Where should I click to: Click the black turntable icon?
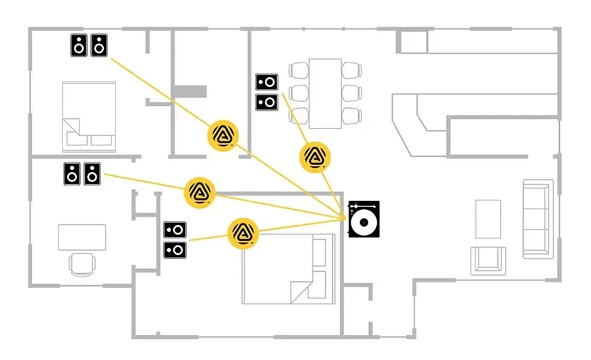point(363,219)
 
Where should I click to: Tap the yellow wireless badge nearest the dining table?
point(314,158)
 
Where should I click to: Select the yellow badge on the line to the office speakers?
point(200,192)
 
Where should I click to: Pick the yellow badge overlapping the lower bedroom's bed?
point(243,232)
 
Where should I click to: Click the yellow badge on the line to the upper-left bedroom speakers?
point(223,135)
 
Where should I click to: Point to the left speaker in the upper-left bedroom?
point(80,46)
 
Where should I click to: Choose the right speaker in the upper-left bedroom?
point(99,46)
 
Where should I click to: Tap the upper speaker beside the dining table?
point(266,83)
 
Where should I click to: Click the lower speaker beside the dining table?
point(266,102)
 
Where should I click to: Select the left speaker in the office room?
point(73,173)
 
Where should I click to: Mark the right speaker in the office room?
point(92,173)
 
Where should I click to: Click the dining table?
point(325,92)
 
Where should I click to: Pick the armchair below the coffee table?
point(488,259)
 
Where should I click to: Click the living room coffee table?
point(488,219)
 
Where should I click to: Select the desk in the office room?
point(82,237)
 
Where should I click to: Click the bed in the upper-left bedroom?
point(89,115)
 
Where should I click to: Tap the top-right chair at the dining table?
point(351,70)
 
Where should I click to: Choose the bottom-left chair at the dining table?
point(299,115)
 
